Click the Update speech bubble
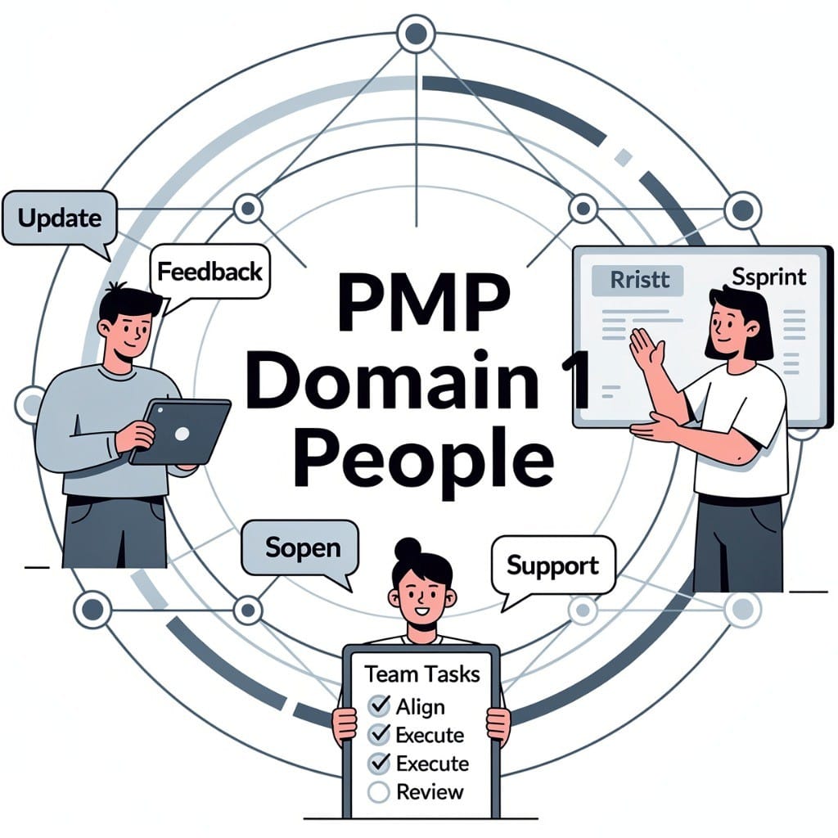(x=59, y=219)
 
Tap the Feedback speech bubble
(x=209, y=273)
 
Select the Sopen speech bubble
(x=300, y=548)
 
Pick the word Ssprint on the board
(x=768, y=277)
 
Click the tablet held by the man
(x=181, y=431)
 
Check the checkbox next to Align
(x=379, y=705)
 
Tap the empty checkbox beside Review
(x=378, y=791)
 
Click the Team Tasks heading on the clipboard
(x=422, y=674)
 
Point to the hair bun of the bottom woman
(x=407, y=547)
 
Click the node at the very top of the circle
(x=415, y=34)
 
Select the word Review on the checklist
(x=430, y=791)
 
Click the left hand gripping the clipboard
(x=345, y=723)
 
